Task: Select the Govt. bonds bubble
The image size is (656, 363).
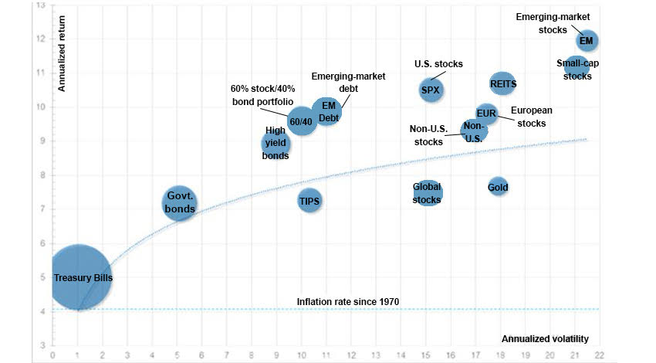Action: point(179,203)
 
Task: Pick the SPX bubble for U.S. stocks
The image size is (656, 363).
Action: point(431,90)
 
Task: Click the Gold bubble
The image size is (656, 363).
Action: point(499,187)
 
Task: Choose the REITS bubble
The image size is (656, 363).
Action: point(503,83)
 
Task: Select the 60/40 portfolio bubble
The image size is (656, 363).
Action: point(301,121)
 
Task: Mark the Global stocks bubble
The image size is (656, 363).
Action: point(427,193)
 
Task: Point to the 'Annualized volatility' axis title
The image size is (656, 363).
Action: point(545,338)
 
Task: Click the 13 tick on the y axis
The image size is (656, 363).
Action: point(40,5)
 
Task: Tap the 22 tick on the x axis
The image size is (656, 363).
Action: point(599,355)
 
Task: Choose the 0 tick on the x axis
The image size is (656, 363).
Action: point(52,355)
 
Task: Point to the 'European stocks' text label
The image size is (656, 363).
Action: point(530,117)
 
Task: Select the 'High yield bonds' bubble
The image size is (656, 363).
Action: point(276,143)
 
